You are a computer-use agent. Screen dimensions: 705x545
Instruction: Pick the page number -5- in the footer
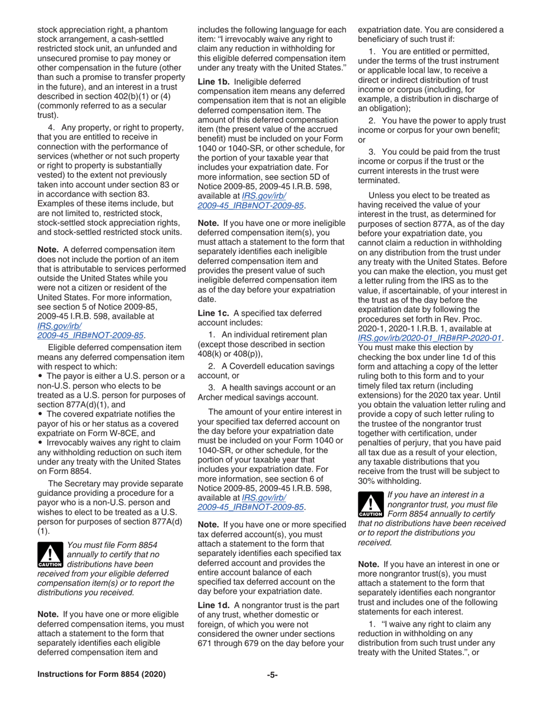coord(272,675)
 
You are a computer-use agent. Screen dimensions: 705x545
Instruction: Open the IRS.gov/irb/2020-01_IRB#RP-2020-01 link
coord(430,338)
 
